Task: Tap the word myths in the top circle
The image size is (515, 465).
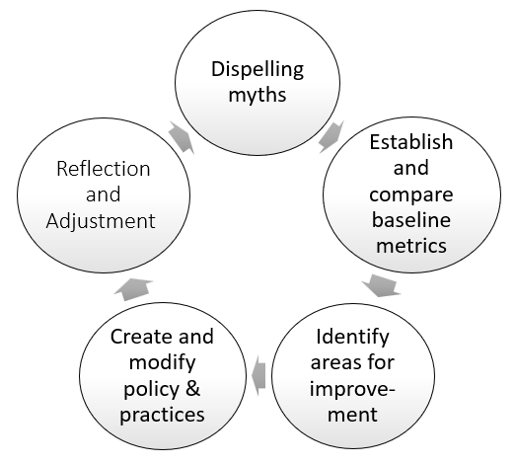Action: click(256, 99)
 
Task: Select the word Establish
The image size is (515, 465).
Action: click(410, 141)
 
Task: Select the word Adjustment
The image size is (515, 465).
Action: click(100, 220)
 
